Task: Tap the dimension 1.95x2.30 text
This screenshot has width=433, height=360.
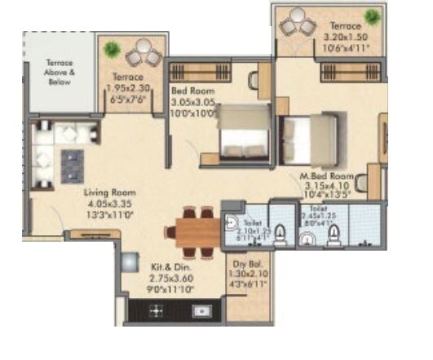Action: click(130, 89)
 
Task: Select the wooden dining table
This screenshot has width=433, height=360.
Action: click(192, 229)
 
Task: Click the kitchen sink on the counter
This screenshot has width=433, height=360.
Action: click(200, 310)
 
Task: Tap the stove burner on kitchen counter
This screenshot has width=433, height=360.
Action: click(157, 310)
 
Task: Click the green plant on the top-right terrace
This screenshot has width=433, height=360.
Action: click(373, 17)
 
